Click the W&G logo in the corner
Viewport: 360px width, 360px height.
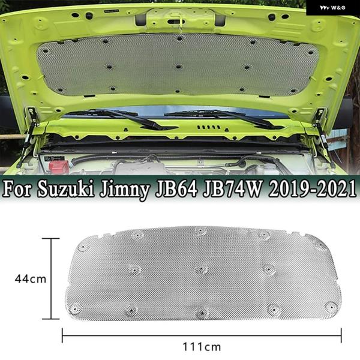[x=332, y=8]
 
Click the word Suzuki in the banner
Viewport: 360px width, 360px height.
[x=66, y=190]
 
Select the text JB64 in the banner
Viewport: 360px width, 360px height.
[x=176, y=190]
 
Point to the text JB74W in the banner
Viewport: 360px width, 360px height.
[x=233, y=190]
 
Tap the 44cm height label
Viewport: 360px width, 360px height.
[x=31, y=279]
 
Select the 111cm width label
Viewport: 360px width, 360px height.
[x=202, y=347]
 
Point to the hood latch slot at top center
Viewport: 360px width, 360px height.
[x=176, y=22]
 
